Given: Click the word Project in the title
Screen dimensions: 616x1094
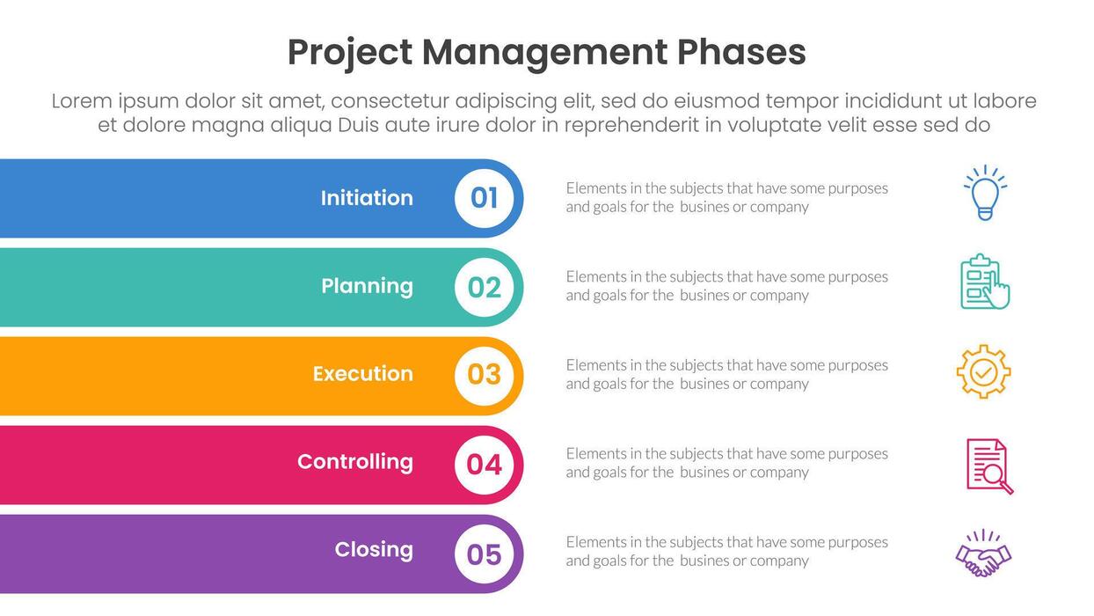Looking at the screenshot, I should pyautogui.click(x=349, y=53).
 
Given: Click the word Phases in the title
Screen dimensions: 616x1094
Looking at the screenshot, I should pyautogui.click(x=740, y=53).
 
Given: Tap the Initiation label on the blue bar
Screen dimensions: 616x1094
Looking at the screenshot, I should pyautogui.click(x=367, y=198).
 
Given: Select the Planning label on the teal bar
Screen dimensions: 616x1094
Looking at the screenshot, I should pyautogui.click(x=367, y=286).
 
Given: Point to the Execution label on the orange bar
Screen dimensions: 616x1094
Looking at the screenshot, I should pyautogui.click(x=363, y=374).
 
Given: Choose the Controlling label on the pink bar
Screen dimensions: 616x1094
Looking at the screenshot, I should pyautogui.click(x=355, y=462).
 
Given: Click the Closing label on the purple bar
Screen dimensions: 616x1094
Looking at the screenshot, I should pyautogui.click(x=374, y=550).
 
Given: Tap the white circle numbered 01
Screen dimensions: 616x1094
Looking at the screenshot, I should pyautogui.click(x=485, y=198).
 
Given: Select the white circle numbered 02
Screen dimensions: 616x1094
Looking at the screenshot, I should pyautogui.click(x=485, y=287).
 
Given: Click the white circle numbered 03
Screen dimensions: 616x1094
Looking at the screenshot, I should pyautogui.click(x=485, y=375).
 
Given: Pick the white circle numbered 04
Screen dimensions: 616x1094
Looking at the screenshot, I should pyautogui.click(x=485, y=464).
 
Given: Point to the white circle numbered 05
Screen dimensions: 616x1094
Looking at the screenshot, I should pyautogui.click(x=485, y=554).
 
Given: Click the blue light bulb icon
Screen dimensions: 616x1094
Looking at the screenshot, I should pyautogui.click(x=985, y=193).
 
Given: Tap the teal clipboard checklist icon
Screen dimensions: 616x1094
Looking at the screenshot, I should pyautogui.click(x=984, y=282).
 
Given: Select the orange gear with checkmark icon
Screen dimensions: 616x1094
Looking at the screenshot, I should pyautogui.click(x=983, y=371).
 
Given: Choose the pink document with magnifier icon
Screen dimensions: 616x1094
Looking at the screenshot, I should pyautogui.click(x=988, y=466).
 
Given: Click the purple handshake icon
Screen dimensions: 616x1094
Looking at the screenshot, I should pyautogui.click(x=983, y=554).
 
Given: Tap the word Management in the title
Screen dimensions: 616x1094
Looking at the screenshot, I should pyautogui.click(x=544, y=53).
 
